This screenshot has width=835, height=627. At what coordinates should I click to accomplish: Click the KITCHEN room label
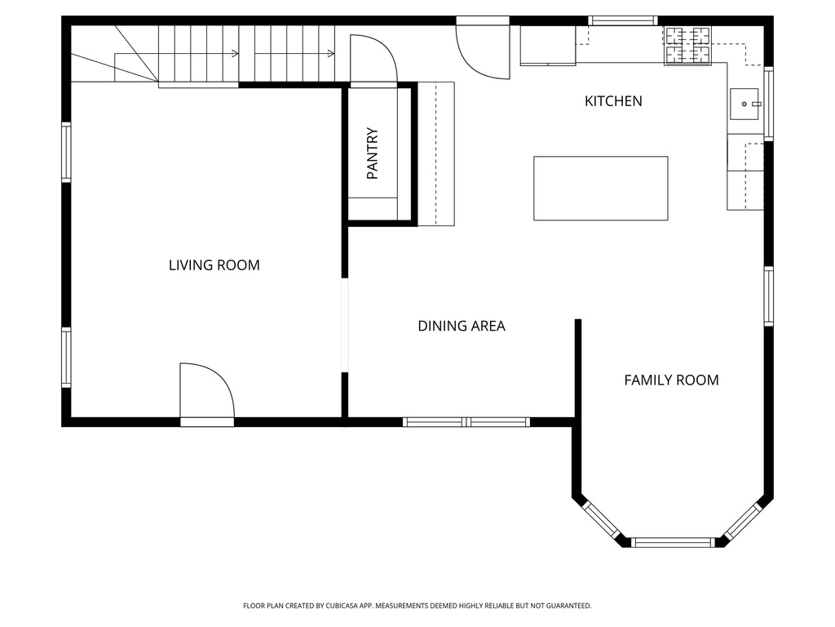tap(613, 101)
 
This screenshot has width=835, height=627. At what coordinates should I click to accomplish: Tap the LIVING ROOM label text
tap(214, 265)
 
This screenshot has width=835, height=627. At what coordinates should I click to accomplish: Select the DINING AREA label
tap(462, 327)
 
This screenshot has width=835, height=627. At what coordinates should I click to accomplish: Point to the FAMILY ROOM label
tap(671, 380)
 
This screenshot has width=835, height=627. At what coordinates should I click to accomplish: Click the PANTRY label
tap(373, 153)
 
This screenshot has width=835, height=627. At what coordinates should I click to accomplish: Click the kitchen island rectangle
tap(600, 188)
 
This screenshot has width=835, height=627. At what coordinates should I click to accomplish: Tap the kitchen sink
tap(745, 104)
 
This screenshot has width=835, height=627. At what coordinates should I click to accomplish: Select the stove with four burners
tap(687, 46)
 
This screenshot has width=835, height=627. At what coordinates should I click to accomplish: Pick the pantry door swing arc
tap(373, 59)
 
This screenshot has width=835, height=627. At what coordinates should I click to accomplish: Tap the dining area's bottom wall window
tap(466, 422)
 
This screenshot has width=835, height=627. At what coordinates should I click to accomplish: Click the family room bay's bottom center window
tap(674, 542)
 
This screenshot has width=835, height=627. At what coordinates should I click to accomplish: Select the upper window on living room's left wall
tap(66, 152)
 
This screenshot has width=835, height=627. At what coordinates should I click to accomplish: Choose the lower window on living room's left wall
tap(66, 357)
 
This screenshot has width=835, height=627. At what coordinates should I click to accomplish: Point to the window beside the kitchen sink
tap(768, 104)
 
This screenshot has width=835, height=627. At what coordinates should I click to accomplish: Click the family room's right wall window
tap(768, 296)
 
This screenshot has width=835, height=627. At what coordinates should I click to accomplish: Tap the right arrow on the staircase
tap(330, 54)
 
